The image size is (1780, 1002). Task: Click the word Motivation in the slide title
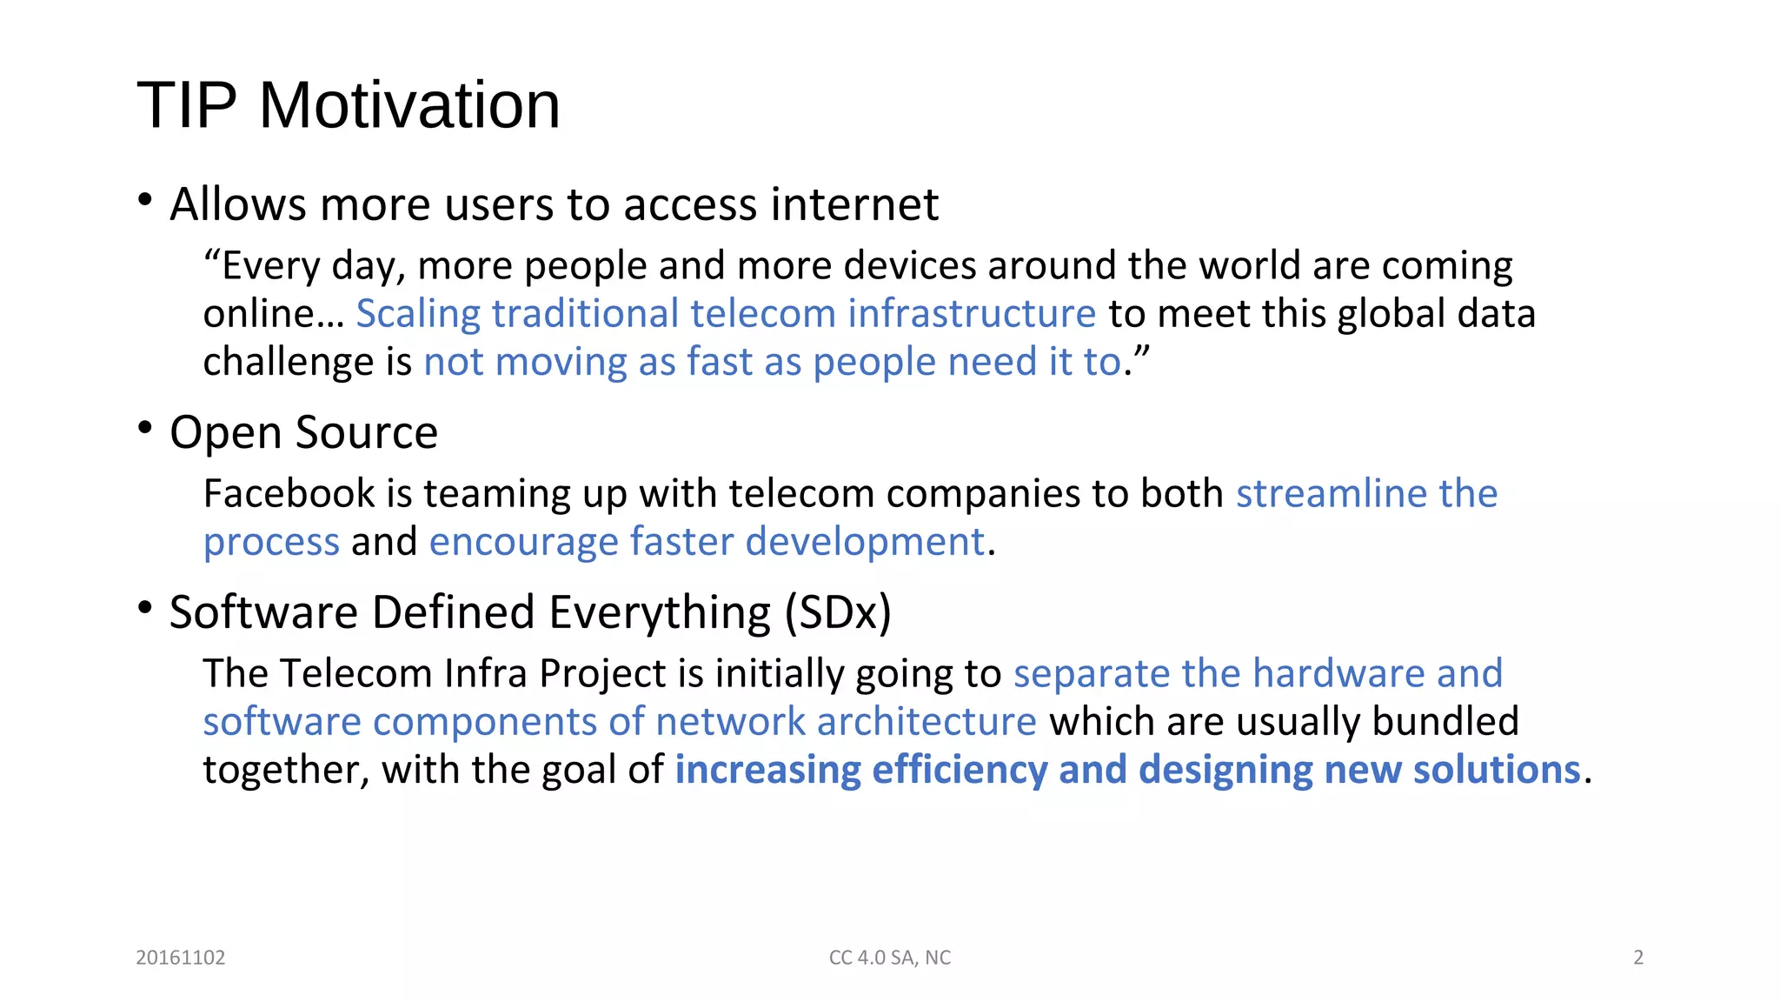[x=409, y=105]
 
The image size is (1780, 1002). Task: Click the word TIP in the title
[x=187, y=105]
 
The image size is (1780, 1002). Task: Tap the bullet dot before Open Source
[x=145, y=428]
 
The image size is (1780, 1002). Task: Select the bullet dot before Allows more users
[x=145, y=200]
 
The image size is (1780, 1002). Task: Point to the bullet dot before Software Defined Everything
[x=145, y=608]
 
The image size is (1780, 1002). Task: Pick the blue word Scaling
[x=418, y=313]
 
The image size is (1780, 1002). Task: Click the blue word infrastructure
[x=972, y=313]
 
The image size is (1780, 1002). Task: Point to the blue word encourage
[x=523, y=542]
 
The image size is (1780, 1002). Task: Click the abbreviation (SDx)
[x=838, y=612]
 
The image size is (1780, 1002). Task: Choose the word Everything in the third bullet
[x=660, y=612]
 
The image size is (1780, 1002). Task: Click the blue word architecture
[x=927, y=722]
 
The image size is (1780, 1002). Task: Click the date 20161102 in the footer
[x=181, y=958]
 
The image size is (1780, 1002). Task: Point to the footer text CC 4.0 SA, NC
[x=890, y=958]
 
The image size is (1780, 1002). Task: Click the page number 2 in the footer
[x=1638, y=958]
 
